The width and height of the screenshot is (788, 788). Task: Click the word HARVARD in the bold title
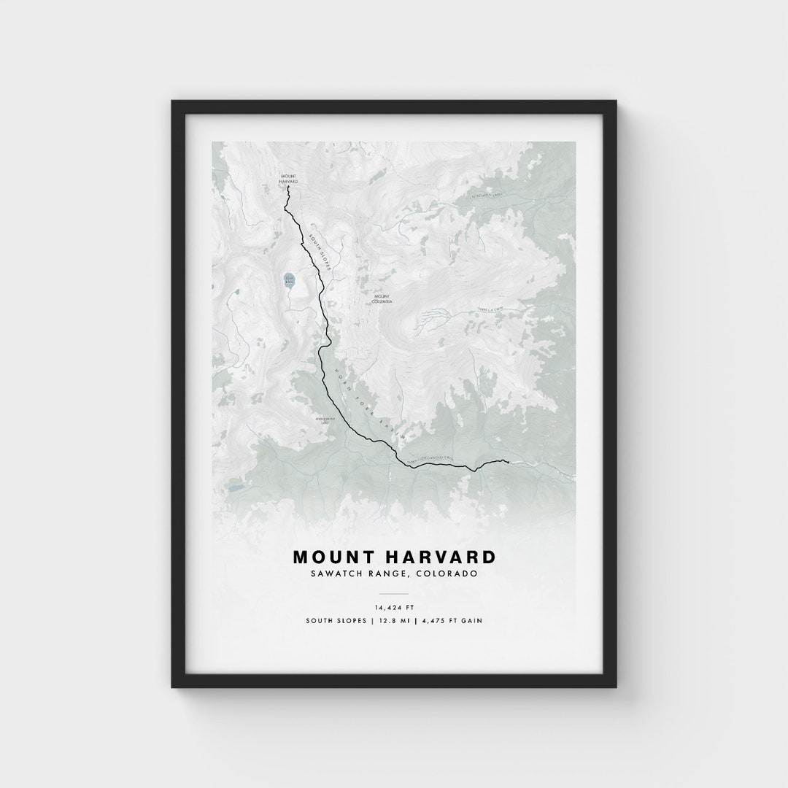436,557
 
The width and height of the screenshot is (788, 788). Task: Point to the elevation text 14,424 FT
394,606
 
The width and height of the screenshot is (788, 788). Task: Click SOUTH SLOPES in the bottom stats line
335,621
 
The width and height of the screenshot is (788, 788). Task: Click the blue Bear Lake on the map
290,280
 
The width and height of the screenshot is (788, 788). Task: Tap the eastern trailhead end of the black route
506,461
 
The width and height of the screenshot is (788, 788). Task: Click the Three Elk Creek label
490,310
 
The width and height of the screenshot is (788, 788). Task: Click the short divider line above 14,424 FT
394,594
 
